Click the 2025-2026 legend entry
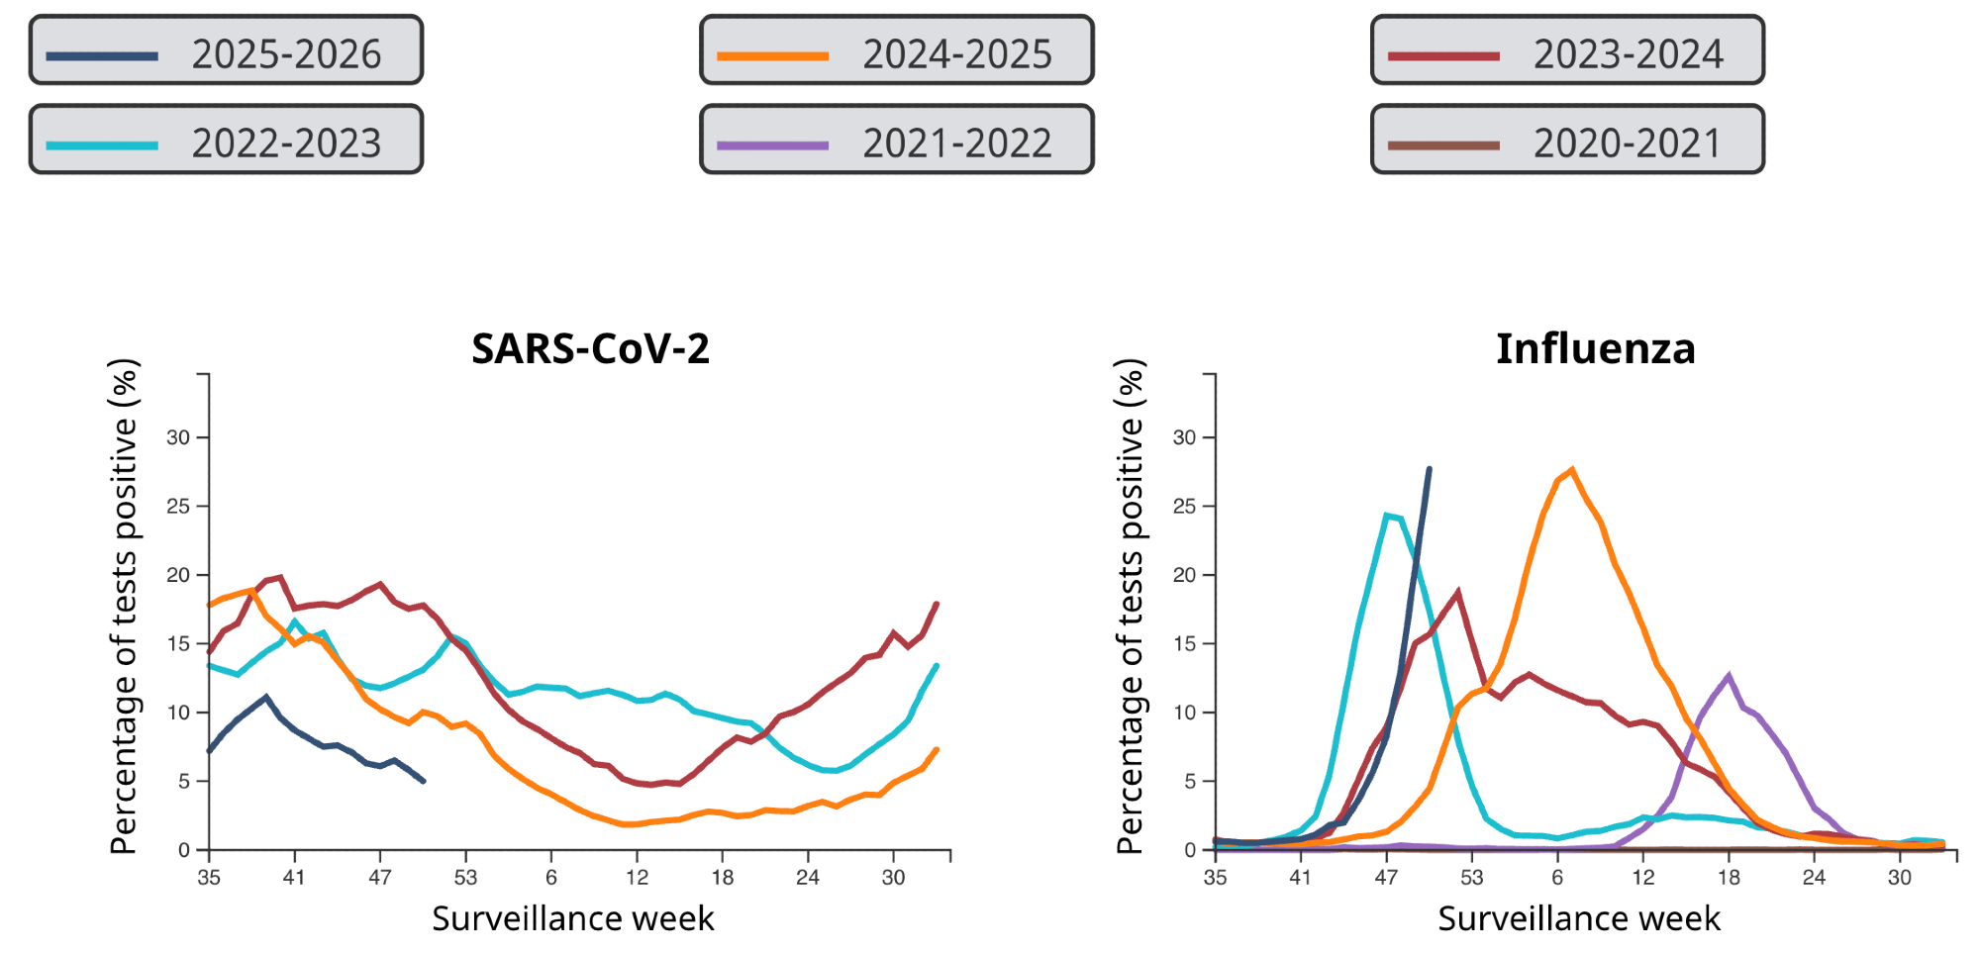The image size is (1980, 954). [x=226, y=50]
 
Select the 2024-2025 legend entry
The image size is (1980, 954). [x=896, y=50]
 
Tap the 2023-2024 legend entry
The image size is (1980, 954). [x=1567, y=50]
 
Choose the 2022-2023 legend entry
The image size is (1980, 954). [x=226, y=140]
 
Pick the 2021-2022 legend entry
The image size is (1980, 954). [x=896, y=140]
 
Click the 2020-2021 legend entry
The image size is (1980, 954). [x=1567, y=140]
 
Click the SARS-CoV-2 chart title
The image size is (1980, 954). [x=590, y=349]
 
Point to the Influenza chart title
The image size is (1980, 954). [x=1595, y=349]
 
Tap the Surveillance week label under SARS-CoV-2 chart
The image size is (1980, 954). [x=572, y=918]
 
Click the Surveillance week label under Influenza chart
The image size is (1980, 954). [x=1579, y=918]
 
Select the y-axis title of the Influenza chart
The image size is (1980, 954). [x=1130, y=606]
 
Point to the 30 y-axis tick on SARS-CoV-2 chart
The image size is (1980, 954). [x=178, y=437]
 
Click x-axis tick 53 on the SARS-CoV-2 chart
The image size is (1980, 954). [x=465, y=877]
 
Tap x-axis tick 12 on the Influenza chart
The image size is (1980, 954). [x=1643, y=877]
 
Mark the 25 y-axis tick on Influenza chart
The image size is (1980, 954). [x=1184, y=507]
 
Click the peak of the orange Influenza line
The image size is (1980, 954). [x=1572, y=470]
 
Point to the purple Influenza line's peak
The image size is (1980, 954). [x=1729, y=676]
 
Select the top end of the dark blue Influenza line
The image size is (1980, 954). [x=1429, y=469]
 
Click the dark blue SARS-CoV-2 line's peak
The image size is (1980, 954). [x=265, y=697]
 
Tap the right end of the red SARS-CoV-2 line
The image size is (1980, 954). [x=937, y=604]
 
